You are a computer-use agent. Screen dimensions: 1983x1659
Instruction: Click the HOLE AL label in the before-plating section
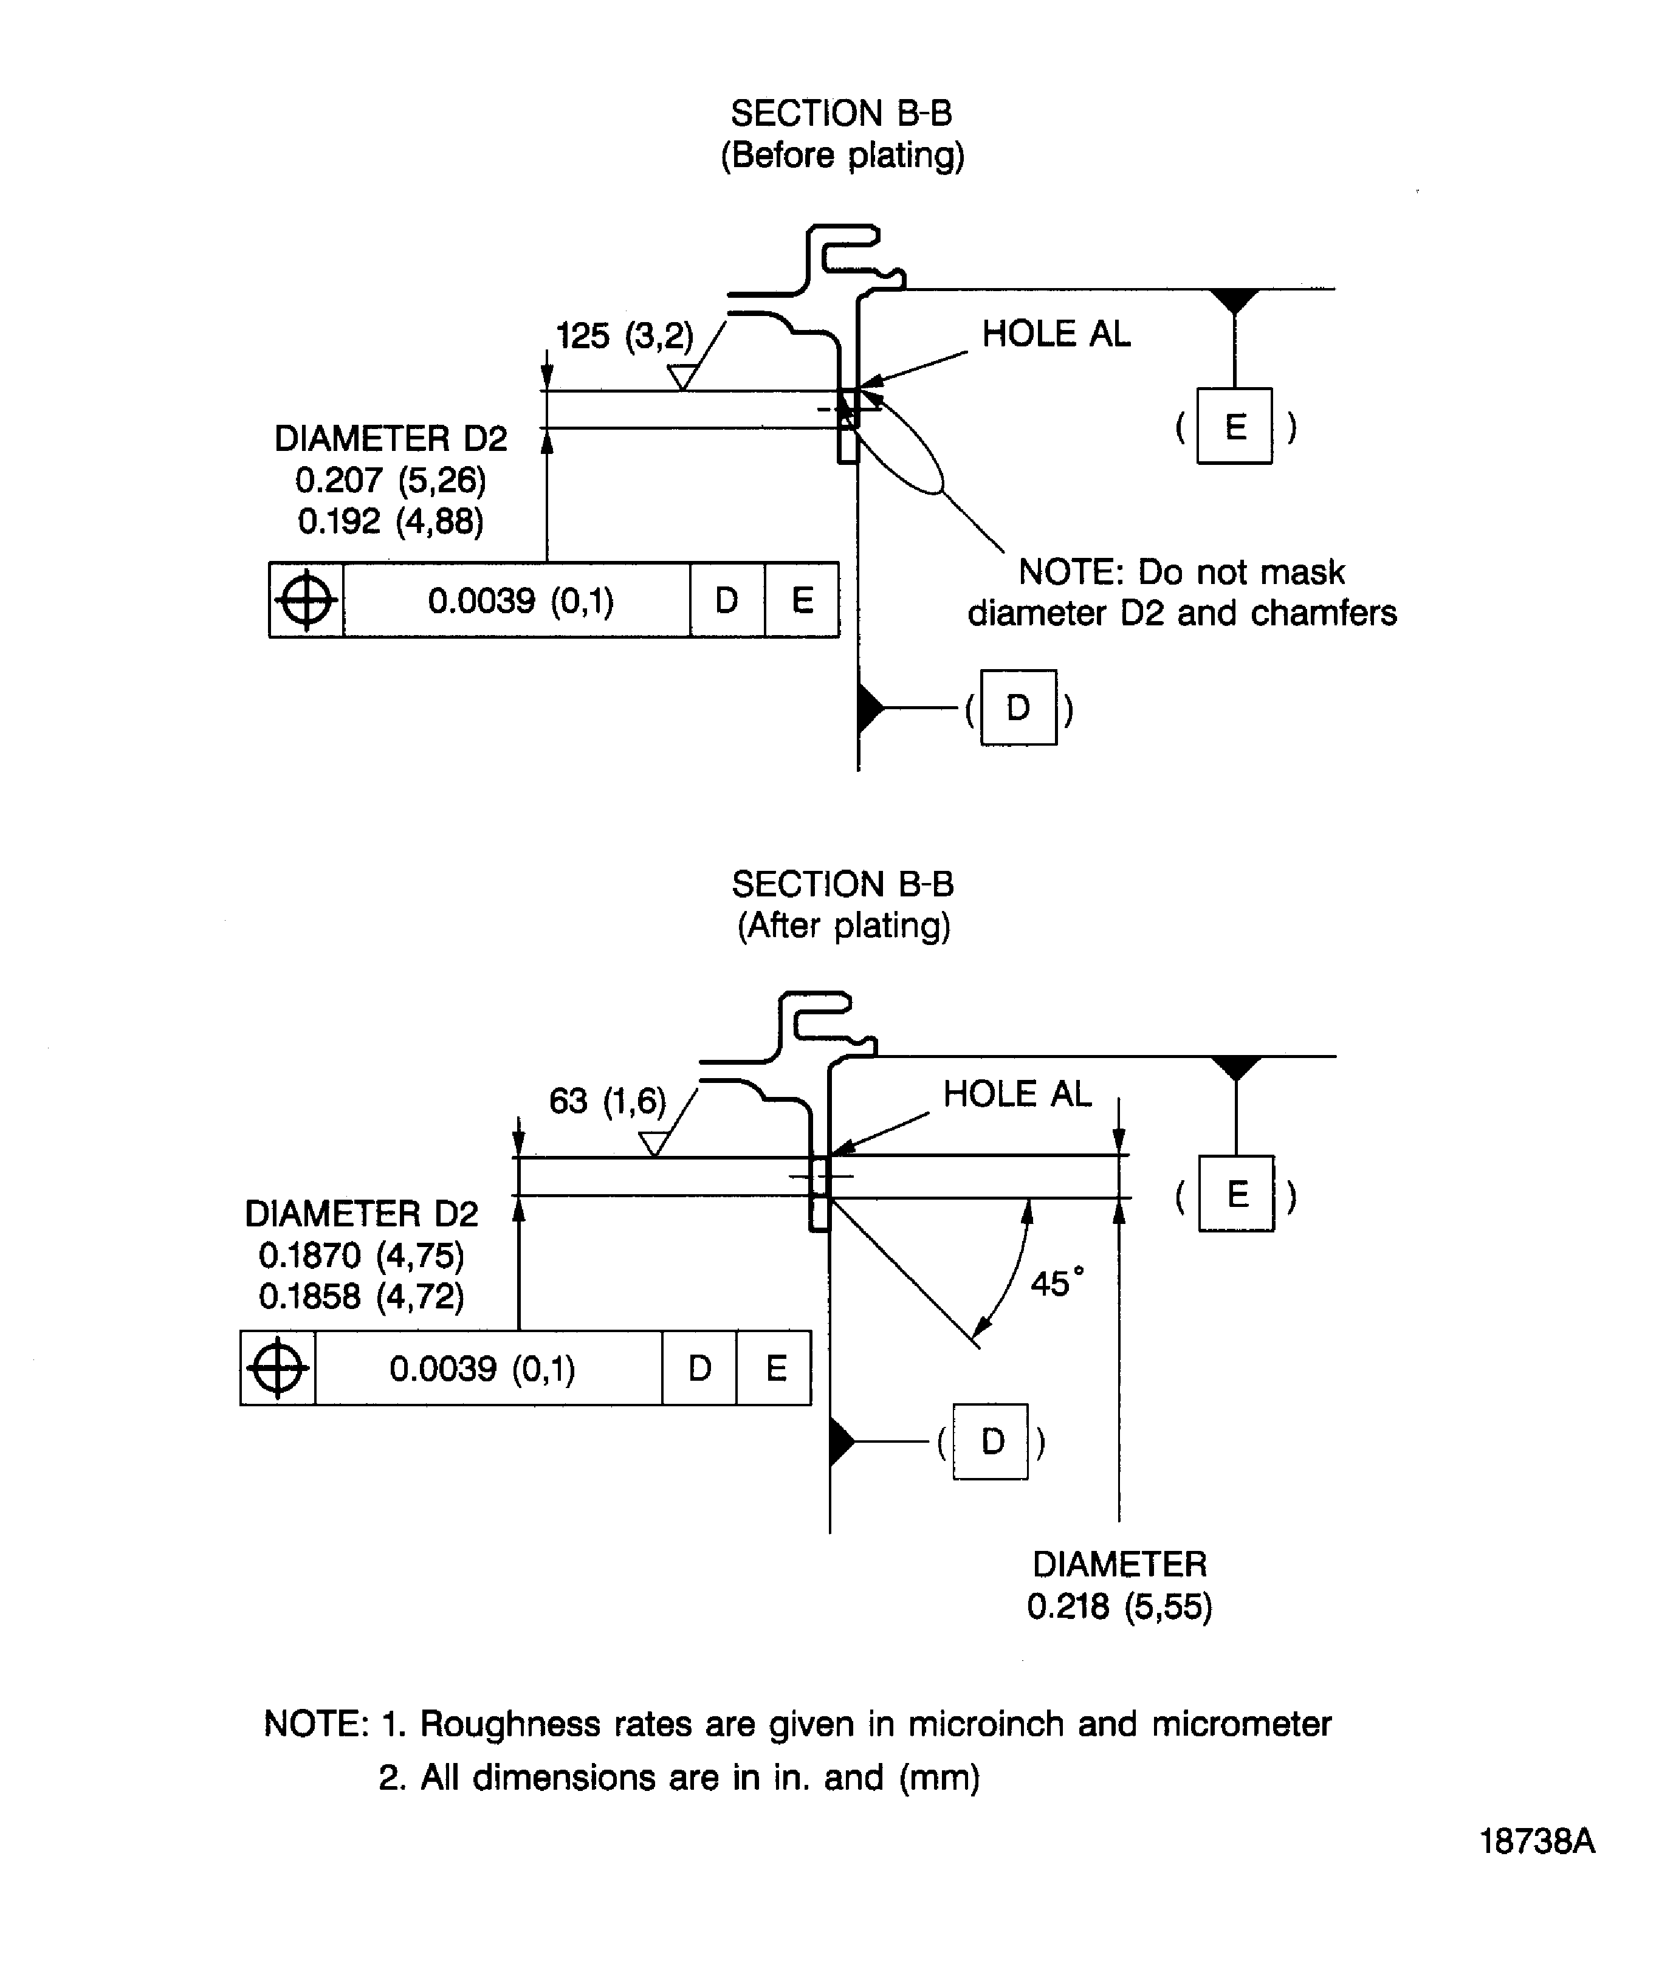click(1055, 333)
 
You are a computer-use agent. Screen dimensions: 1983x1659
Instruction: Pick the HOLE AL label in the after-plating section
click(1016, 1093)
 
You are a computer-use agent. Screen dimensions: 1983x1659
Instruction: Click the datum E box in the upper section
click(1234, 426)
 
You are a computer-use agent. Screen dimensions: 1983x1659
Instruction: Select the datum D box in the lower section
click(991, 1441)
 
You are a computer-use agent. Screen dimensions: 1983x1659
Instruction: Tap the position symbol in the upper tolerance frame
click(306, 600)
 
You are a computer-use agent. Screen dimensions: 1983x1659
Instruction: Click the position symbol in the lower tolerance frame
click(278, 1367)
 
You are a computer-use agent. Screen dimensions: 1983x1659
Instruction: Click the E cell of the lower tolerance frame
click(774, 1367)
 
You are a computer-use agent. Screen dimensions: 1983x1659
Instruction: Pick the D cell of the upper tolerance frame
click(726, 600)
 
